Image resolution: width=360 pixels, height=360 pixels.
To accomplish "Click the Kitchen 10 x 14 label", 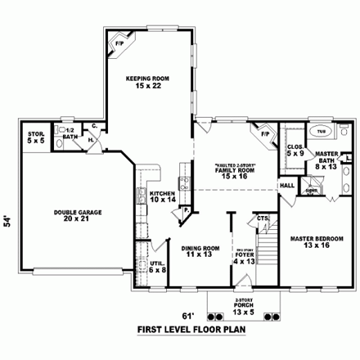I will point(162,196).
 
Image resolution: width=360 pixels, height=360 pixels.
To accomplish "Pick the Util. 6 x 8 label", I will point(157,265).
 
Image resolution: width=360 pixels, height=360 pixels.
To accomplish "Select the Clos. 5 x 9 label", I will point(295,151).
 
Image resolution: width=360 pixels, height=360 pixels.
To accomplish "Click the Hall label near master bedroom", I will point(287,186).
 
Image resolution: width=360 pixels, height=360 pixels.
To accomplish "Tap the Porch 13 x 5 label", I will point(243,308).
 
